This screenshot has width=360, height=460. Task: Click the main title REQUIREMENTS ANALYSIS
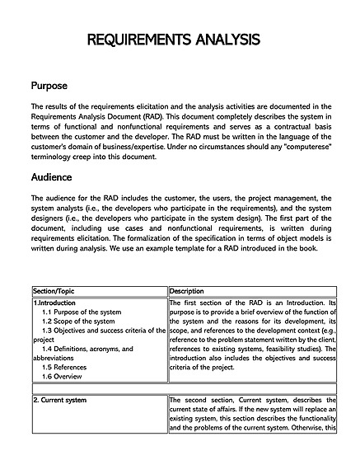(180, 40)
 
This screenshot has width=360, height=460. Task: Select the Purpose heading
(49, 86)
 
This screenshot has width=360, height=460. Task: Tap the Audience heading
(51, 177)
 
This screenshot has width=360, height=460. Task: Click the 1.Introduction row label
(55, 303)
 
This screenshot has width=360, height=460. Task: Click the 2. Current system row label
(60, 400)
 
